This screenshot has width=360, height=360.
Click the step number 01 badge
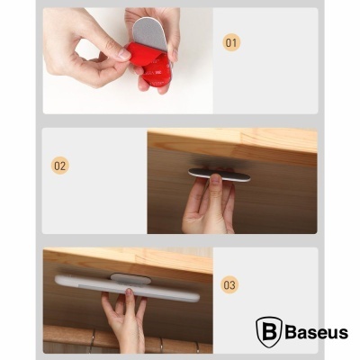click(x=232, y=42)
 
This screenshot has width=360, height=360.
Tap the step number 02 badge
click(x=60, y=166)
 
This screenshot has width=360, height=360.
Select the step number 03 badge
click(x=230, y=285)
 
